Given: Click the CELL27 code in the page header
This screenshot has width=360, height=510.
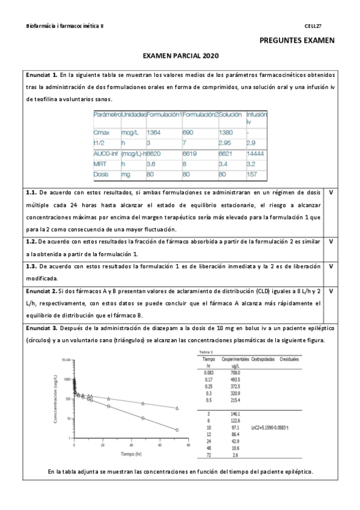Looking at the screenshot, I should [x=313, y=26].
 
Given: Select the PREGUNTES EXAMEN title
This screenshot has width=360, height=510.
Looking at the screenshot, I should [x=297, y=41].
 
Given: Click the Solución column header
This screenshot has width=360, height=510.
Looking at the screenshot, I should [x=231, y=114].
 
